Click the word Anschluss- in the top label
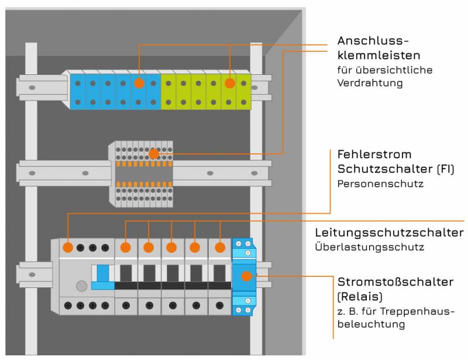[x=372, y=41]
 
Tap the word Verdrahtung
[x=370, y=83]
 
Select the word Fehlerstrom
[x=374, y=155]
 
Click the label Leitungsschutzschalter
[x=389, y=232]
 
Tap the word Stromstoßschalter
[x=395, y=282]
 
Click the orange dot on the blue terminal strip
[x=139, y=83]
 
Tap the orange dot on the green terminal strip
[x=230, y=83]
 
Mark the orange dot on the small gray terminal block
[x=153, y=155]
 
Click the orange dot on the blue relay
[x=247, y=276]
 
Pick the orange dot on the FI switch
[x=68, y=248]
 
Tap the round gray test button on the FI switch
[x=82, y=286]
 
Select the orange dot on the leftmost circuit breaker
[x=125, y=248]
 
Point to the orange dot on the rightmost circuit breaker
[x=220, y=248]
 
